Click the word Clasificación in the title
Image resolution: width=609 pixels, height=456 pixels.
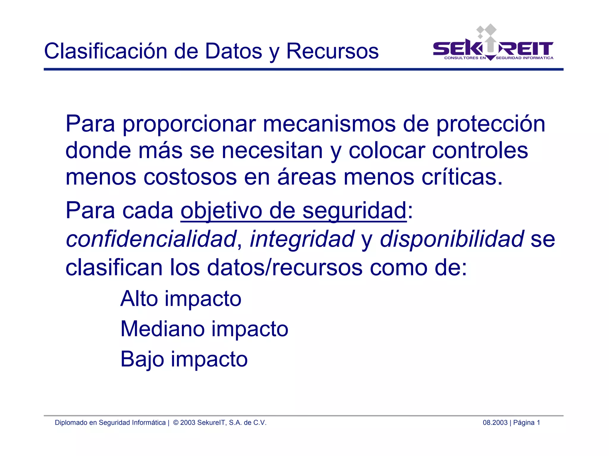tap(106, 51)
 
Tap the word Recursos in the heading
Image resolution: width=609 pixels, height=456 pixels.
tap(332, 51)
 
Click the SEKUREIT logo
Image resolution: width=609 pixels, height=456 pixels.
tap(493, 45)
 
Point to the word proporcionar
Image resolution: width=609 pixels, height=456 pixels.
tap(189, 124)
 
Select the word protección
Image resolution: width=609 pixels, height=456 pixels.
tap(491, 124)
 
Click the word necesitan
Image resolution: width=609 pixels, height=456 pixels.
tap(272, 151)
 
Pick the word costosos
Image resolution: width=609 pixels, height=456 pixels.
tap(190, 177)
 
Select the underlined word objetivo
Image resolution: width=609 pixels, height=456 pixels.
tap(221, 211)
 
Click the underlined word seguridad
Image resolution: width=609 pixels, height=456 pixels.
tap(354, 211)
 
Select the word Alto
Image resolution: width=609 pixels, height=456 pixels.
tap(139, 298)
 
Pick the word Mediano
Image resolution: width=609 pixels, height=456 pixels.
tap(162, 329)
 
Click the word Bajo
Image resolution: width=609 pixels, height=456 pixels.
tap(142, 359)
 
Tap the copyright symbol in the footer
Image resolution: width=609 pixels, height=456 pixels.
tap(176, 423)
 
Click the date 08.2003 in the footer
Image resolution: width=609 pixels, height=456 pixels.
tap(495, 423)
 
